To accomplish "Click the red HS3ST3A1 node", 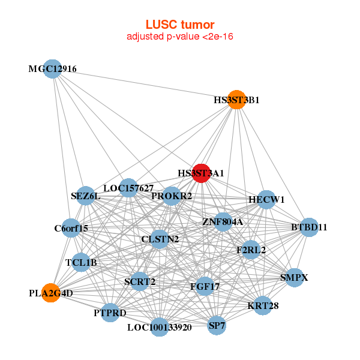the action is pyautogui.click(x=200, y=173).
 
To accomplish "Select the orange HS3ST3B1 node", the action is pyautogui.click(x=237, y=100).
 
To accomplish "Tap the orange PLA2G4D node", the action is pyautogui.click(x=51, y=293).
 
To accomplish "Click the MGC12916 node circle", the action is pyautogui.click(x=52, y=69).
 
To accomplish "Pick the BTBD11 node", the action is pyautogui.click(x=309, y=227).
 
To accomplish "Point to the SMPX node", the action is pyautogui.click(x=294, y=278).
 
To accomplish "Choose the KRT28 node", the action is pyautogui.click(x=263, y=305).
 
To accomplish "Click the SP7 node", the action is pyautogui.click(x=217, y=326).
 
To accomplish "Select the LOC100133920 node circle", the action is pyautogui.click(x=159, y=328).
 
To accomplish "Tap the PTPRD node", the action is pyautogui.click(x=110, y=313).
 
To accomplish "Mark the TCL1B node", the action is pyautogui.click(x=81, y=262).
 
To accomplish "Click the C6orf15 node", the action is pyautogui.click(x=71, y=228).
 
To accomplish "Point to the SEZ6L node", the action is pyautogui.click(x=86, y=196).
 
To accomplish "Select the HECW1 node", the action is pyautogui.click(x=266, y=199).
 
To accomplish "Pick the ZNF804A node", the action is pyautogui.click(x=223, y=222).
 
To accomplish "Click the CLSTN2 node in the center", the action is pyautogui.click(x=160, y=239).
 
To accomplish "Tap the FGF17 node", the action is pyautogui.click(x=204, y=287).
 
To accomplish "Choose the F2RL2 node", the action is pyautogui.click(x=251, y=250).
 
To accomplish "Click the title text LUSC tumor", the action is pyautogui.click(x=179, y=25).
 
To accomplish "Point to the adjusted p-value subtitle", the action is pyautogui.click(x=179, y=37).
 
